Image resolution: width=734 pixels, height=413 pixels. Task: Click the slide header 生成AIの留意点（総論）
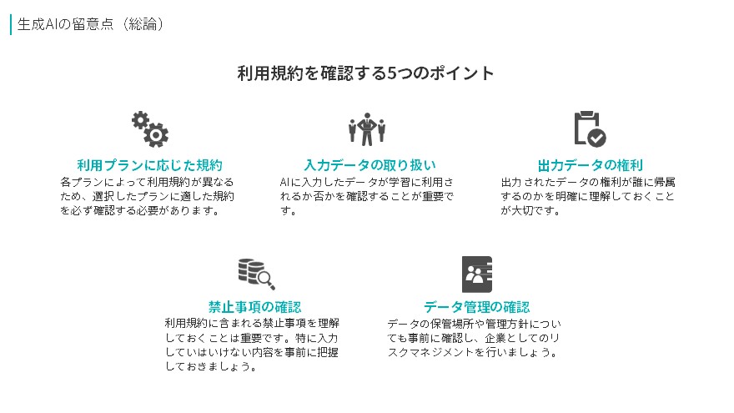coord(90,24)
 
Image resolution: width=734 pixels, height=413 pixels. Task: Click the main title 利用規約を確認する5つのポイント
coord(365,73)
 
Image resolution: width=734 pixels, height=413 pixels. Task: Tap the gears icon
coord(150,129)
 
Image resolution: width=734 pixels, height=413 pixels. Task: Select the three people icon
coord(367,129)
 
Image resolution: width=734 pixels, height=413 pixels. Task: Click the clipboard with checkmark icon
coord(590,128)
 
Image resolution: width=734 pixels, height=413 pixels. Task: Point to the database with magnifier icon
coord(257,274)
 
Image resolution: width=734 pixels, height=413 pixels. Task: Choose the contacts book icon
coord(477,274)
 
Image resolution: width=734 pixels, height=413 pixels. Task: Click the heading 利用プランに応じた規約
coord(150,165)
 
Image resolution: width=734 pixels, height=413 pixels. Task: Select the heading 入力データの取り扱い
coord(370,165)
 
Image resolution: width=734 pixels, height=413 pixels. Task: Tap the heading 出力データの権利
coord(591,165)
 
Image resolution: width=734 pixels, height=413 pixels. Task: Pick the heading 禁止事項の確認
coord(254,307)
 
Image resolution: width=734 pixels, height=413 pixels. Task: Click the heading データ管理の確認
coord(476,307)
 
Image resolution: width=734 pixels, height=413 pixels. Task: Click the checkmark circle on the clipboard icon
coord(597,138)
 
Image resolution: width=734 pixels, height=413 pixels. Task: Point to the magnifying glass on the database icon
coord(266,280)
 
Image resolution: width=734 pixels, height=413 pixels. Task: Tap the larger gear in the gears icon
coord(156,135)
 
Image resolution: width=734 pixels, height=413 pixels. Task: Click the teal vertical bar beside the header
coord(10,24)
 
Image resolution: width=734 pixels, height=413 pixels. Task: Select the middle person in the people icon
coord(367,129)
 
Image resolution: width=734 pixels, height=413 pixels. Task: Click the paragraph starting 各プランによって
coord(147,196)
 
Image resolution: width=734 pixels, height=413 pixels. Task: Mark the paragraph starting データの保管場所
coord(474,338)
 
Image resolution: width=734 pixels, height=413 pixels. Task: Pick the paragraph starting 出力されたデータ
coord(588,196)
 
